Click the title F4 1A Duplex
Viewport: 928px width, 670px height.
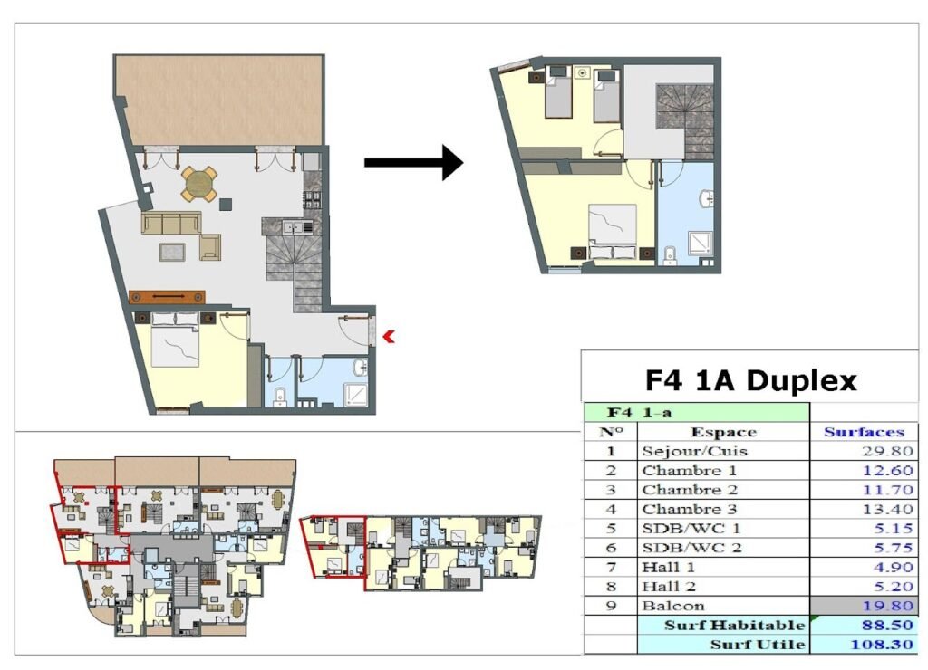point(750,380)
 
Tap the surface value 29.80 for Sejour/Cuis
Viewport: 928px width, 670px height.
point(887,451)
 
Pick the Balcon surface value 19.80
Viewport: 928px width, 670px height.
point(887,606)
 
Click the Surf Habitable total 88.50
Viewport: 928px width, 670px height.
point(887,625)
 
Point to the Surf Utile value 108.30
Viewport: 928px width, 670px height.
point(882,645)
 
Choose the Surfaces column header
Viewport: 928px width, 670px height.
point(864,432)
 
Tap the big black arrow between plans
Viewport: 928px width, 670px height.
point(413,163)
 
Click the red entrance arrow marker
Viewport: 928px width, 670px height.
point(389,337)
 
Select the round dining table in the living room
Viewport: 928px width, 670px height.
point(198,184)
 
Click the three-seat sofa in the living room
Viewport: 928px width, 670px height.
point(171,223)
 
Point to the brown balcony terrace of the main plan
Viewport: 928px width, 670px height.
point(219,100)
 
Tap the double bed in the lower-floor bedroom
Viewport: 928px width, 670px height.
point(175,340)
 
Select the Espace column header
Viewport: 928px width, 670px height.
point(723,432)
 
